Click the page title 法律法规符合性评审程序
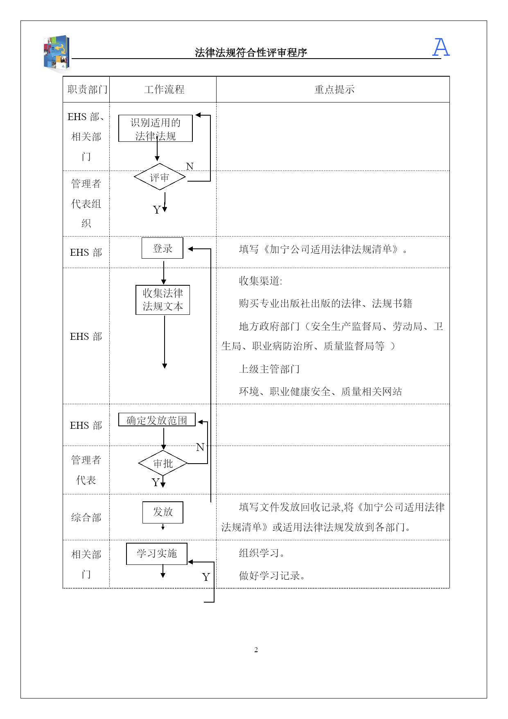click(251, 52)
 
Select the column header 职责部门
click(87, 89)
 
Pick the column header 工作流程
click(164, 89)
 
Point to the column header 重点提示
click(334, 89)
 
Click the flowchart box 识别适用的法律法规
click(155, 128)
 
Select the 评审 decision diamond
click(160, 177)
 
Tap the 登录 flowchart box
click(163, 248)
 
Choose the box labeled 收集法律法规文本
click(163, 300)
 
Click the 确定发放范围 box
click(157, 420)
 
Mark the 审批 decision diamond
click(163, 463)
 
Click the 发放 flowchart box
click(163, 512)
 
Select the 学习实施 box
click(157, 553)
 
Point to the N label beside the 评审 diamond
click(190, 166)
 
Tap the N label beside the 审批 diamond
click(200, 447)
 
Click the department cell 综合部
click(86, 517)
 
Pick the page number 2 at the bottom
click(256, 650)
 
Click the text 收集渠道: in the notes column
click(260, 281)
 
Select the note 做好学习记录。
click(272, 576)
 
